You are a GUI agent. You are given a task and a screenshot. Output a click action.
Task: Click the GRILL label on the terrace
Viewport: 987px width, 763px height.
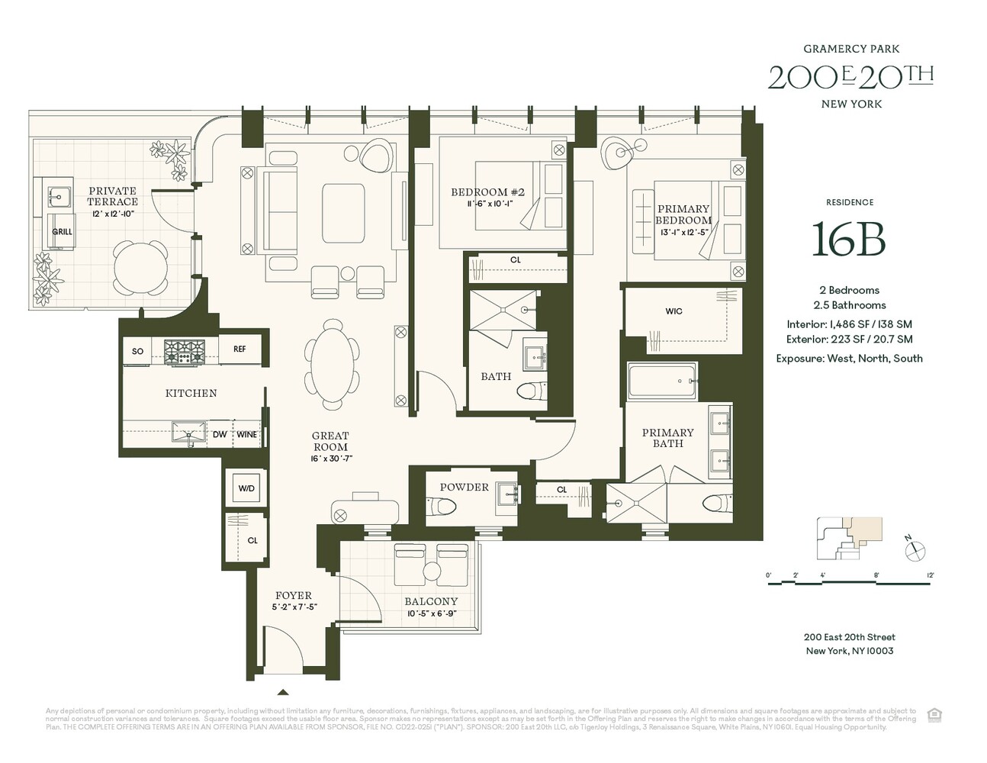tap(62, 231)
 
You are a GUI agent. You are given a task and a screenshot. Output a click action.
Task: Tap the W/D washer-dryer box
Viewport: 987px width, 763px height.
tap(246, 488)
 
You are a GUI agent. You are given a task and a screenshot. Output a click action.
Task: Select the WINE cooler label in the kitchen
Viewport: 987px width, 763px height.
tap(246, 434)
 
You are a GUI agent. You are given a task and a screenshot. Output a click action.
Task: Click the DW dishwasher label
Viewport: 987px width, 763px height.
tap(220, 434)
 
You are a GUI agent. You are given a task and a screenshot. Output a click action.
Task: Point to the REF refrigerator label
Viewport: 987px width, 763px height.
tap(240, 349)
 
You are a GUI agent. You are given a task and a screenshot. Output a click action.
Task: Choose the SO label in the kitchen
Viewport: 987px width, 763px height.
tap(138, 351)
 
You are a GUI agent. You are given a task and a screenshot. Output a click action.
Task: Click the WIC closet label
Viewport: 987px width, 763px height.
tap(674, 311)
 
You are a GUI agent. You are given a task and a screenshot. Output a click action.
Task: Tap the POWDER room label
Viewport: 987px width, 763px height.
tap(465, 488)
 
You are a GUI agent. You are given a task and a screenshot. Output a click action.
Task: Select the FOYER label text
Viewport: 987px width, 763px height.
tap(294, 595)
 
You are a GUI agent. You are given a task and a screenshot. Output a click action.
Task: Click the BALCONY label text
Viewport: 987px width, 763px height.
tap(432, 601)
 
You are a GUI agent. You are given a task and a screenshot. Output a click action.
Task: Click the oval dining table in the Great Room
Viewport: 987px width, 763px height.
tap(333, 364)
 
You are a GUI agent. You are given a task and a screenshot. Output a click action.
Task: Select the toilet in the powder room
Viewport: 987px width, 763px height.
tap(443, 505)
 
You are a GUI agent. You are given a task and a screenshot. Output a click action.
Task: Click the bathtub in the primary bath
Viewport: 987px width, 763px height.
tap(661, 380)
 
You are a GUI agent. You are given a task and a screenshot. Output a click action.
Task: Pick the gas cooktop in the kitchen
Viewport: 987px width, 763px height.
tap(186, 350)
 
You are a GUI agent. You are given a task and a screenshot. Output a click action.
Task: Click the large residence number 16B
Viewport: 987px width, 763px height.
tap(848, 240)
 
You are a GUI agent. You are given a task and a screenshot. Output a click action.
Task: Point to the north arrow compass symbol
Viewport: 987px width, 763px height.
tap(915, 549)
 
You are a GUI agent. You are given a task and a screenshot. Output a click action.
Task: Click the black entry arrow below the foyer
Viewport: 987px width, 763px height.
tap(283, 693)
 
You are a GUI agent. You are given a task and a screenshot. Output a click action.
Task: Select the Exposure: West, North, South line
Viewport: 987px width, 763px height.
tap(849, 358)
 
